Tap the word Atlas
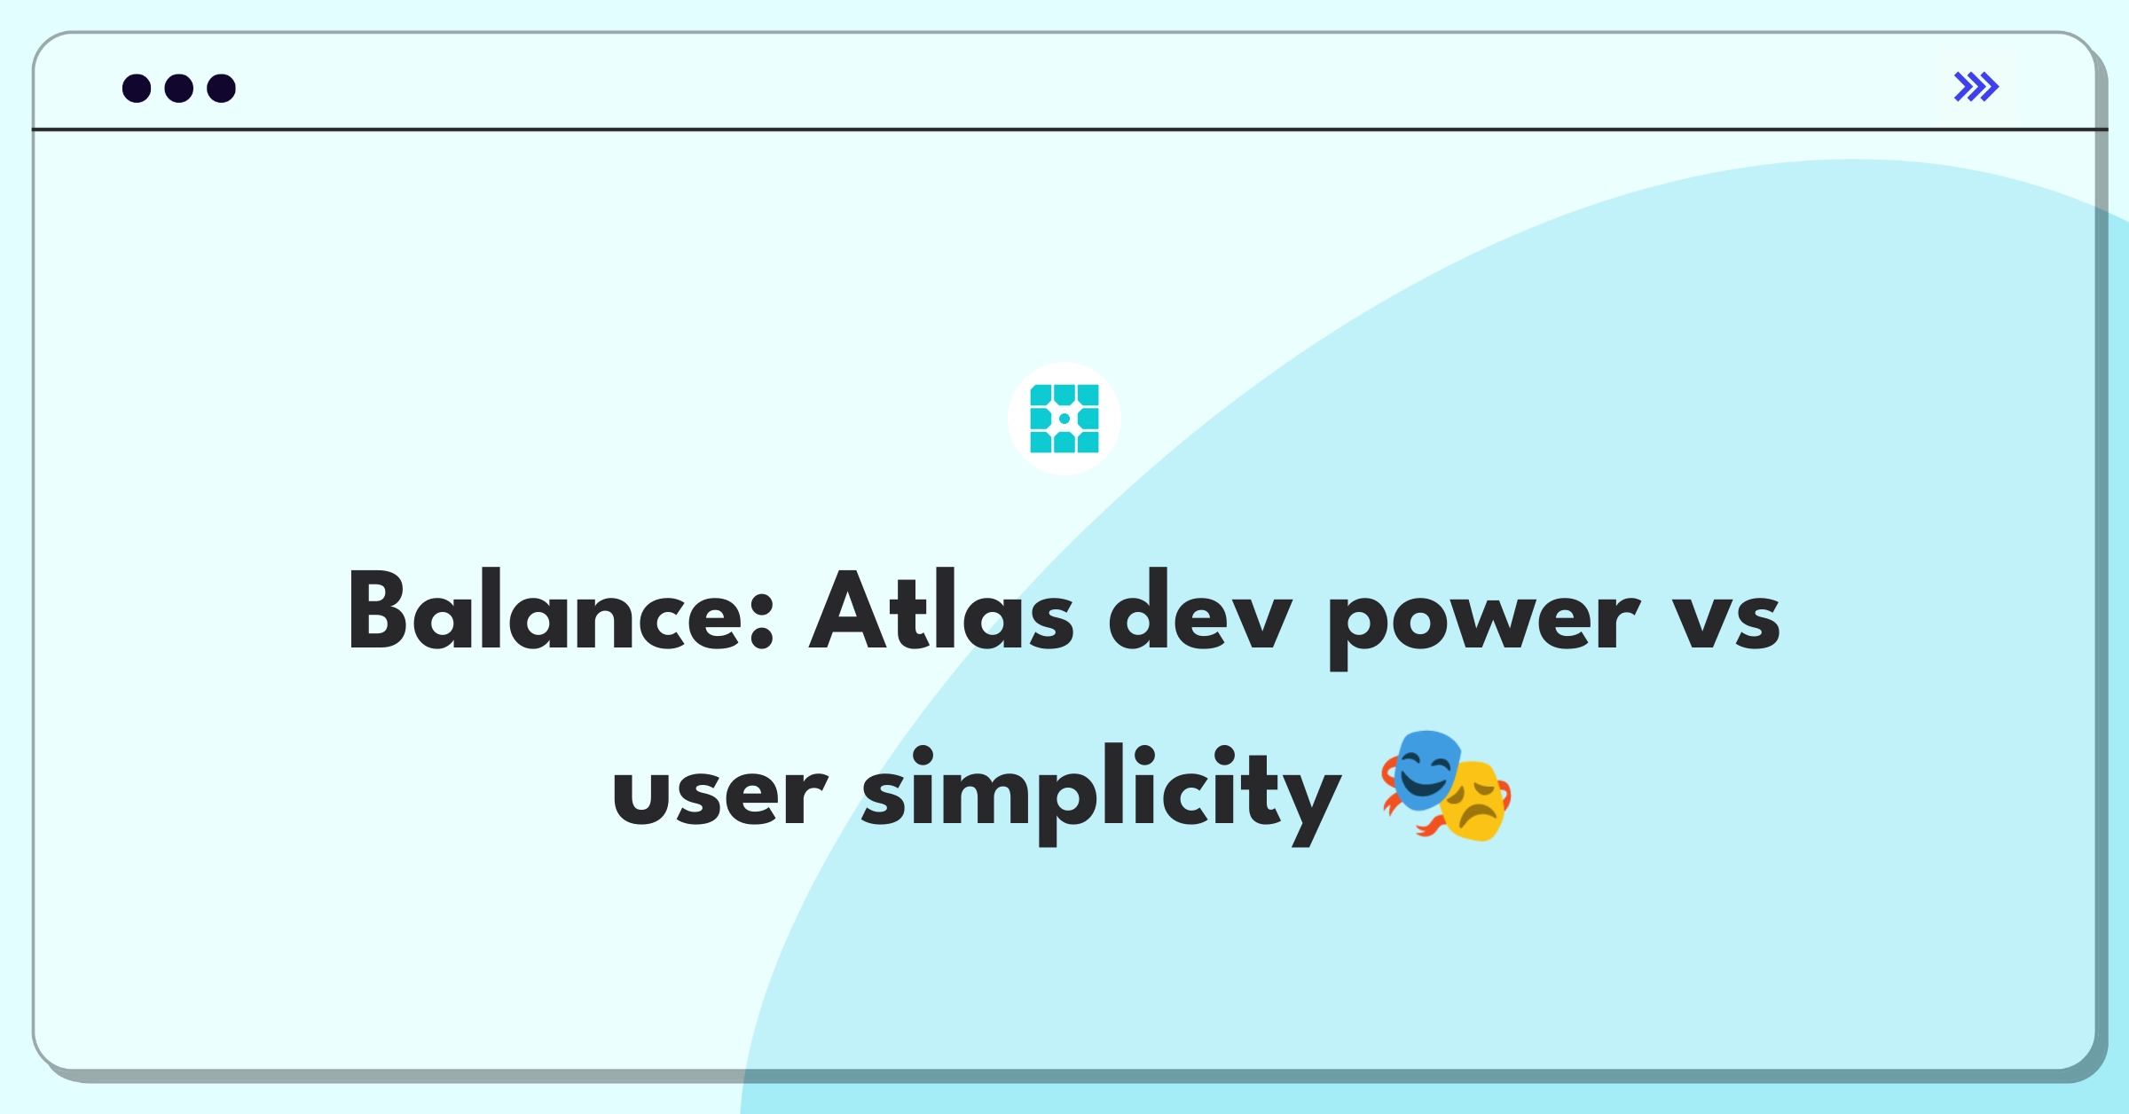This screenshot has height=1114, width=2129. point(941,610)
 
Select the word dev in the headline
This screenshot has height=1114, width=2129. point(1200,610)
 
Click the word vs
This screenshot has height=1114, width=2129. point(1726,619)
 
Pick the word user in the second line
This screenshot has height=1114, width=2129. point(719,795)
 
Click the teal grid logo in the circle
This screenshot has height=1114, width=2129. point(1064,419)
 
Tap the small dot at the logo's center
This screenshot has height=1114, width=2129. point(1064,419)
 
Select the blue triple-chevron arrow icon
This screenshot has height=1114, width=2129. point(1976,87)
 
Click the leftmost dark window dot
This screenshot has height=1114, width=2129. point(137,88)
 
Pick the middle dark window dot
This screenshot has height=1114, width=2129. point(179,88)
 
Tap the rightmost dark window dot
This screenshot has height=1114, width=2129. point(222,88)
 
